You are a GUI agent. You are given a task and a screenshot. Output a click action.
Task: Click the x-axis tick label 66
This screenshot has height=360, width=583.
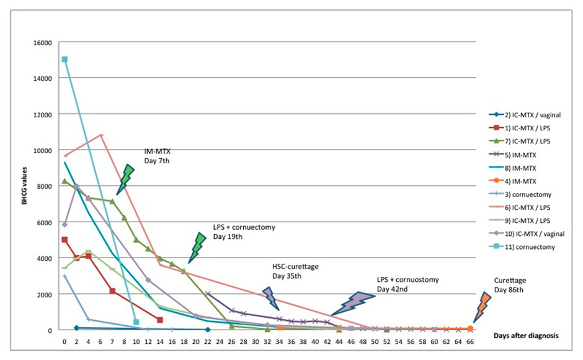470,341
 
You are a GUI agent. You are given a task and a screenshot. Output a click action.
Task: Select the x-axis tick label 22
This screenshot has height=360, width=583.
208,341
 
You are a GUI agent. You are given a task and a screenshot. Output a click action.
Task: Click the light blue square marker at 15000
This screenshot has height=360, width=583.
65,60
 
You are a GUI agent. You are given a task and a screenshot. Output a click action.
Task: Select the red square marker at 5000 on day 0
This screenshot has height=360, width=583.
65,240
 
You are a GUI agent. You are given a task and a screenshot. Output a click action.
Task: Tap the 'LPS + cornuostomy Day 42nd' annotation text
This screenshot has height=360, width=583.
407,284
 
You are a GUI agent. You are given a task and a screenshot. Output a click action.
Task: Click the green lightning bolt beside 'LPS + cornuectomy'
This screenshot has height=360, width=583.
197,248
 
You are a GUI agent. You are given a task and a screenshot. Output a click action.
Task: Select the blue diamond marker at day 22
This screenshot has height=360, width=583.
208,330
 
